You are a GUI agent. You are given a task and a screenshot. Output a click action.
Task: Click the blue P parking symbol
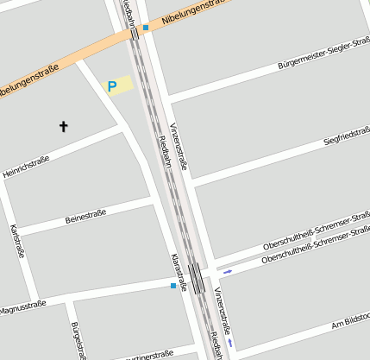[x=111, y=86]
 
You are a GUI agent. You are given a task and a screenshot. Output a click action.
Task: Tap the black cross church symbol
[x=63, y=127]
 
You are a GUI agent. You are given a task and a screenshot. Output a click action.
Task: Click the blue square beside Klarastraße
[x=173, y=285]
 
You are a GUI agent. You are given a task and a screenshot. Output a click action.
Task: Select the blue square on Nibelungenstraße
[x=146, y=28]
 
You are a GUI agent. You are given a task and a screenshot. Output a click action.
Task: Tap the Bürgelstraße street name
[x=78, y=339]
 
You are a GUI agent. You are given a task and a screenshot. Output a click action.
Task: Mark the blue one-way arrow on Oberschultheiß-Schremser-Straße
[x=228, y=271]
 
